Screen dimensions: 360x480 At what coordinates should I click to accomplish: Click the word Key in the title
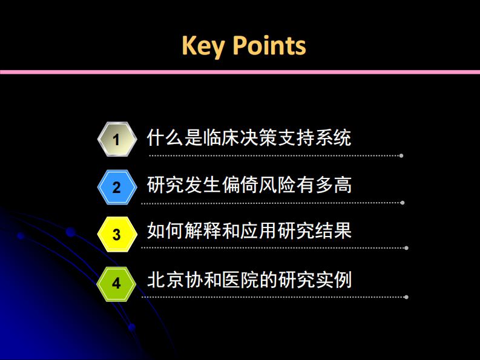[203, 46]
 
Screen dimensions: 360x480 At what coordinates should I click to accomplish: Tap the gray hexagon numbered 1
[116, 139]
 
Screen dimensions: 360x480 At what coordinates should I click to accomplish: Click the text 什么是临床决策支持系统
[249, 137]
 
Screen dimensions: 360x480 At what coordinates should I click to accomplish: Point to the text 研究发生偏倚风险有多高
[249, 185]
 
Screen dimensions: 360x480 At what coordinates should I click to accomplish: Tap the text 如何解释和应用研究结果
[249, 231]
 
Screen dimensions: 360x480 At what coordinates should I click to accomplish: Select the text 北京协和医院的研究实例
[249, 280]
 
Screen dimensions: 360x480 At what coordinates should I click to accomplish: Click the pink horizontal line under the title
[240, 72]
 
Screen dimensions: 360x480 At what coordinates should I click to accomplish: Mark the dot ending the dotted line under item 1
[401, 155]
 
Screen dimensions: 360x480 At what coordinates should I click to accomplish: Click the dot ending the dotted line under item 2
[403, 203]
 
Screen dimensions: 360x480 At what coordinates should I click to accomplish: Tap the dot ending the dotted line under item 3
[406, 248]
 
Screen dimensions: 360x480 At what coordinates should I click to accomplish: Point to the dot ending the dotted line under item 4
[406, 297]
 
